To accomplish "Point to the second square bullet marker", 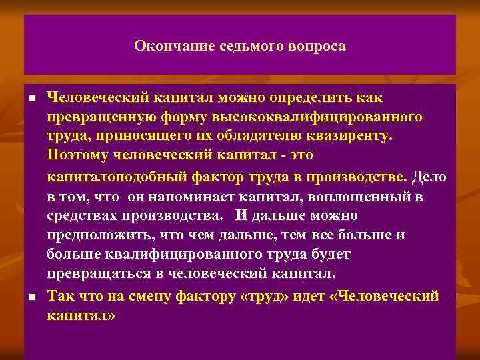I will click(x=32, y=295).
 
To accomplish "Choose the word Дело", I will click(x=429, y=177).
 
